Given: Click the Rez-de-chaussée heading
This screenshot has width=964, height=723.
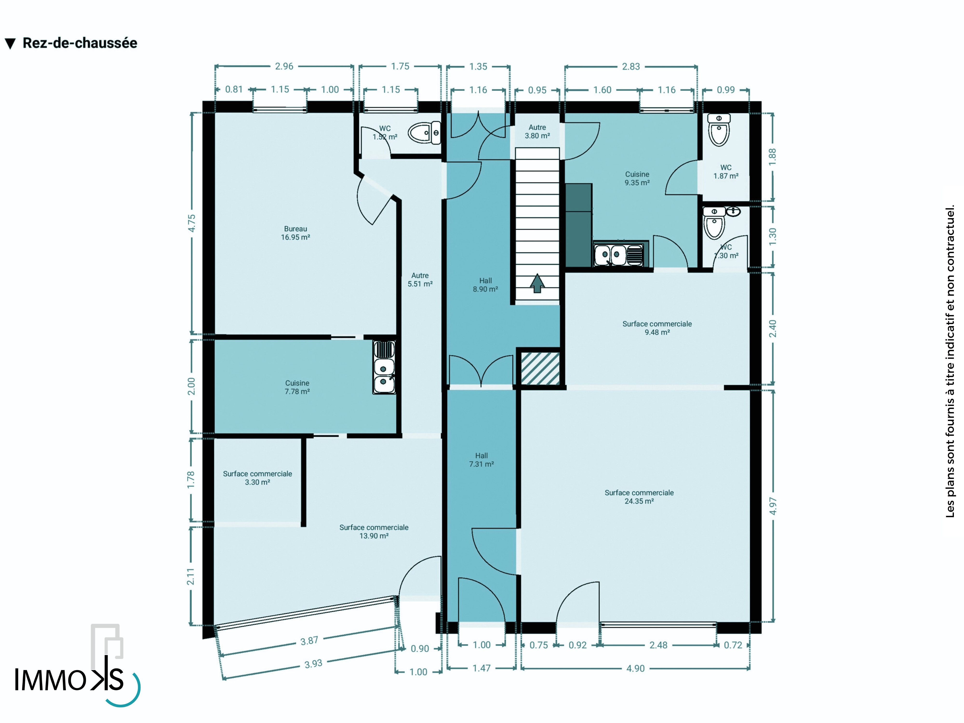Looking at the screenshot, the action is coord(80,43).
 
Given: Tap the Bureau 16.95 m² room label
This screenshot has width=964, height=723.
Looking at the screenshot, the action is coord(295,233).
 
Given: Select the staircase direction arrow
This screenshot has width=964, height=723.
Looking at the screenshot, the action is coord(537,283).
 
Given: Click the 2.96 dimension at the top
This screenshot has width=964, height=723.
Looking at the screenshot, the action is coord(284,66).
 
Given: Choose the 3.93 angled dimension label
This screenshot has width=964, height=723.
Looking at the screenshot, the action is coord(313,664).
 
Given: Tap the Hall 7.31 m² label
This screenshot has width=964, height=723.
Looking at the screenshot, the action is coord(482,460).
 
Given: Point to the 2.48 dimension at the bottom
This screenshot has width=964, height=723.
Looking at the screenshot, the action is coord(658,645).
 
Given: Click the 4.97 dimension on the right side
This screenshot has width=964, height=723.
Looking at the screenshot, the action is coord(773,506).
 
